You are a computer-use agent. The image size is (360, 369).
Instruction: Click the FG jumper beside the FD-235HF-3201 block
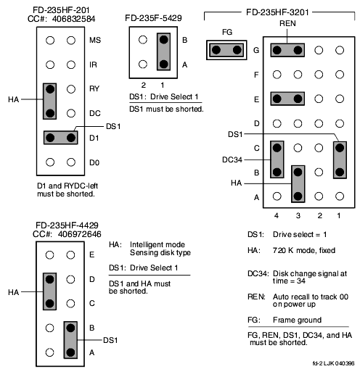pyautogui.click(x=226, y=50)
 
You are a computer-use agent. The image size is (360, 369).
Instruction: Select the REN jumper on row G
pyautogui.click(x=287, y=50)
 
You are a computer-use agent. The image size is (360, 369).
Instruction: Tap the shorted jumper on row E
pyautogui.click(x=287, y=99)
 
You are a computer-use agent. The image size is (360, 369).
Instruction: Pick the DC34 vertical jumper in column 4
pyautogui.click(x=277, y=159)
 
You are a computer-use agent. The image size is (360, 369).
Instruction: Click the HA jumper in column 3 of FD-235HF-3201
pyautogui.click(x=298, y=184)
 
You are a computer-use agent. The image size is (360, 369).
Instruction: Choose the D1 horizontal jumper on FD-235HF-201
pyautogui.click(x=60, y=138)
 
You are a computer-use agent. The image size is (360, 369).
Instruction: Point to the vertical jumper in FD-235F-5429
pyautogui.click(x=163, y=51)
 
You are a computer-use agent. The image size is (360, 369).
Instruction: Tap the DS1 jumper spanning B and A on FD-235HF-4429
pyautogui.click(x=70, y=340)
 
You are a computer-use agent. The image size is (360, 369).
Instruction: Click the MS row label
pyautogui.click(x=95, y=40)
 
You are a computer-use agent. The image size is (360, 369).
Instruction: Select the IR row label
pyautogui.click(x=93, y=65)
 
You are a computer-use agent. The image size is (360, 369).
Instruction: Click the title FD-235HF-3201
pyautogui.click(x=277, y=12)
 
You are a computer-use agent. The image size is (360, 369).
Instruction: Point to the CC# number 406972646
pyautogui.click(x=79, y=234)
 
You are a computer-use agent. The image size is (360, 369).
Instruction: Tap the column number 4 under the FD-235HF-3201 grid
pyautogui.click(x=277, y=215)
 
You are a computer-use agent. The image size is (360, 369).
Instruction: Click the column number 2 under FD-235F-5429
pyautogui.click(x=144, y=85)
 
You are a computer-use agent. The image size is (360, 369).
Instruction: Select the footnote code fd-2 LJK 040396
pyautogui.click(x=333, y=363)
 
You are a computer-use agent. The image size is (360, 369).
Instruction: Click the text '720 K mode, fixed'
pyautogui.click(x=304, y=250)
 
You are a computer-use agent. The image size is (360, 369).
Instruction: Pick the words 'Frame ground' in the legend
pyautogui.click(x=298, y=320)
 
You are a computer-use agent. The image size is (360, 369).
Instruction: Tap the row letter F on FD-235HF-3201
pyautogui.click(x=256, y=75)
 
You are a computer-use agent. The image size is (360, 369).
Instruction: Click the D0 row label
pyautogui.click(x=94, y=162)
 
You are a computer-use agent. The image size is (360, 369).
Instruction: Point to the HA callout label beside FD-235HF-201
pyautogui.click(x=14, y=99)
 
